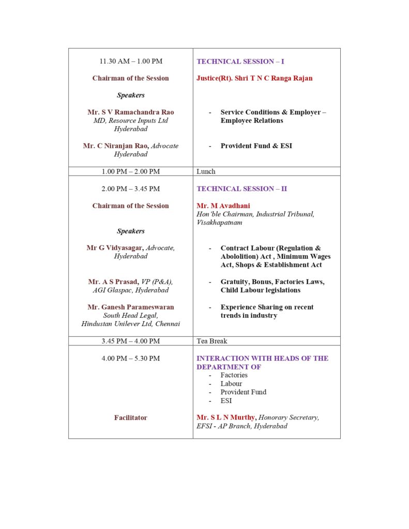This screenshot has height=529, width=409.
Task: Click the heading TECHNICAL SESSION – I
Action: [240, 61]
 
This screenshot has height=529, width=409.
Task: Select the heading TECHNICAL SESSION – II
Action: [241, 189]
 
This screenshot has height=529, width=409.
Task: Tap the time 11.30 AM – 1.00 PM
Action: [131, 61]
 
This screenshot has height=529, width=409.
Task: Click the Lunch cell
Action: [206, 172]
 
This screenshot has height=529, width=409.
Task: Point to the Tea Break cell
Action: [211, 341]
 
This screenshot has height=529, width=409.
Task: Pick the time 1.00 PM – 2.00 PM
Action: [131, 172]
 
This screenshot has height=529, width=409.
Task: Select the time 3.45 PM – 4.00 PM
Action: [131, 341]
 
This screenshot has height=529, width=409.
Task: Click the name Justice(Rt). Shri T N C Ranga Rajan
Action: [254, 79]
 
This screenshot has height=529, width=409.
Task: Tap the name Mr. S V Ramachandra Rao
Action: [131, 112]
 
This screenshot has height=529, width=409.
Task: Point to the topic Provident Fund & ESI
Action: [256, 146]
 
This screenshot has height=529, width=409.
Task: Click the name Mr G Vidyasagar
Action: [114, 248]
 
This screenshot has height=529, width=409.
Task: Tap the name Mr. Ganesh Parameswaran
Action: [131, 307]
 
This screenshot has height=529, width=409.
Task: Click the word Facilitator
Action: [131, 417]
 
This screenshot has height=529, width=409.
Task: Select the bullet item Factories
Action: [234, 375]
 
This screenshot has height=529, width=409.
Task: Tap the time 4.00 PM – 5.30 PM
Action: [131, 358]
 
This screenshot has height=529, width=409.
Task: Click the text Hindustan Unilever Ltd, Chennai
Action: [131, 324]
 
